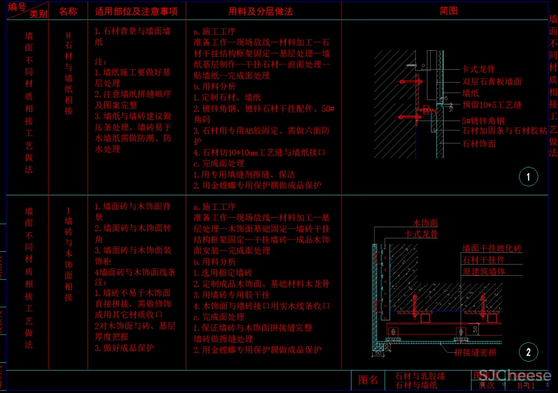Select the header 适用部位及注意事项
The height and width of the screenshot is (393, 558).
click(136, 11)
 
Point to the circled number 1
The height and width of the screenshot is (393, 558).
click(528, 178)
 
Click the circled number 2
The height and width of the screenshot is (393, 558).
click(528, 352)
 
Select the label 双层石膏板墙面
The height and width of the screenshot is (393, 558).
click(492, 82)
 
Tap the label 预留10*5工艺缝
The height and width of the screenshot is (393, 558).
click(492, 105)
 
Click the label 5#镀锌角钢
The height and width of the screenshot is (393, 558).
click(483, 121)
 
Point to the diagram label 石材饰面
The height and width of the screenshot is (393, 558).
click(479, 144)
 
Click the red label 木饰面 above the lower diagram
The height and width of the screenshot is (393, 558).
click(425, 223)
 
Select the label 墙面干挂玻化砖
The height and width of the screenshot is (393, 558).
click(492, 248)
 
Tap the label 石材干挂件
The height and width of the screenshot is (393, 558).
click(483, 260)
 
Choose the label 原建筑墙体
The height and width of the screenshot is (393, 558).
click(483, 272)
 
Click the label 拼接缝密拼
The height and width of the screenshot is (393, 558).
click(475, 353)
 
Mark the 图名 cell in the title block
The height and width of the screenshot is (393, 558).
click(368, 380)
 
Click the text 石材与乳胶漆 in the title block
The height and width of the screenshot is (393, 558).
click(420, 376)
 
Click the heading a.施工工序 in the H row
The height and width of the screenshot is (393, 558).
click(215, 32)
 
